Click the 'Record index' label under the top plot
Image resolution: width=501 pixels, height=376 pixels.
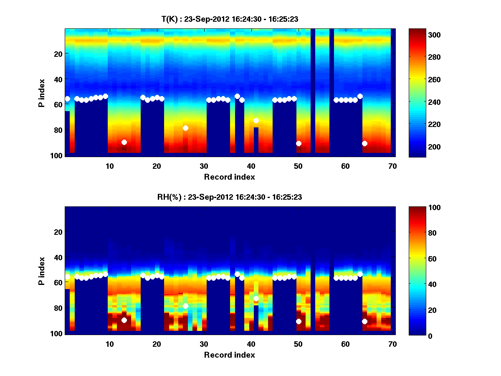pyautogui.click(x=229, y=177)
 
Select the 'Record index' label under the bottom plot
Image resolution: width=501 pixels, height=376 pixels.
pyautogui.click(x=229, y=355)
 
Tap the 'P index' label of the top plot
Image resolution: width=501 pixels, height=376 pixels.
pyautogui.click(x=42, y=92)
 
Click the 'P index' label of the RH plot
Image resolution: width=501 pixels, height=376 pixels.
pyautogui.click(x=42, y=270)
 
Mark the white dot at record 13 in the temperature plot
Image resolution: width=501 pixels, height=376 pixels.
pyautogui.click(x=124, y=142)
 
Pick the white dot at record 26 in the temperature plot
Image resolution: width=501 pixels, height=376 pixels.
pyautogui.click(x=185, y=128)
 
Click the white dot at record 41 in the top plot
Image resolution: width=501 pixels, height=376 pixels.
pyautogui.click(x=256, y=120)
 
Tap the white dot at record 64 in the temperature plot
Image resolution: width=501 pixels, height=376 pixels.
pyautogui.click(x=364, y=143)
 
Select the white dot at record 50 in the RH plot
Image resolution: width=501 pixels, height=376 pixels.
pyautogui.click(x=299, y=321)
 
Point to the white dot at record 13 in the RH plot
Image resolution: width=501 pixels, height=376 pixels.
pyautogui.click(x=124, y=320)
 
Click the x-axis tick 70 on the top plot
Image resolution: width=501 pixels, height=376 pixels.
pyautogui.click(x=392, y=166)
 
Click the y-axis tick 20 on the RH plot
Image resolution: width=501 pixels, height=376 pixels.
pyautogui.click(x=59, y=232)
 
